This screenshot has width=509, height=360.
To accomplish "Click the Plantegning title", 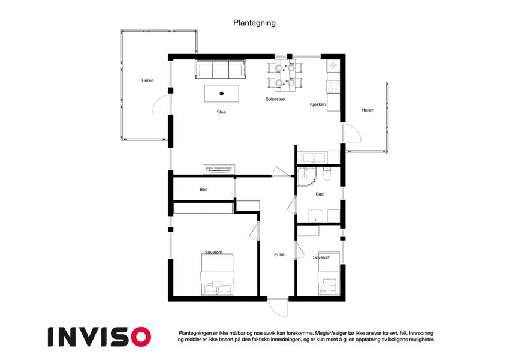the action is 254,23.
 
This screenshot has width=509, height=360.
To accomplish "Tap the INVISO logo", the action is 100,337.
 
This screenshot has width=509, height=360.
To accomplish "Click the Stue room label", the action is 221,112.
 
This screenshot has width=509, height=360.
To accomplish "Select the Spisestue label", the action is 275,99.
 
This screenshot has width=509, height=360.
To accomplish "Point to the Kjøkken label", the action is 318,104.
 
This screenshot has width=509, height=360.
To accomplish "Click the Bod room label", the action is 203,190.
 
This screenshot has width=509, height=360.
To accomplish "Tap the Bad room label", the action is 320,194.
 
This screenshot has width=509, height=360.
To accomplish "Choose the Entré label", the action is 279,255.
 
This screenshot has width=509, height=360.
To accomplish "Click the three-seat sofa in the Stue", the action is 221,69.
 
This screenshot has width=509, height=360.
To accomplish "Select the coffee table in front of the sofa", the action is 222,94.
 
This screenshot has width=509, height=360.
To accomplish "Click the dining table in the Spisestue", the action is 285,75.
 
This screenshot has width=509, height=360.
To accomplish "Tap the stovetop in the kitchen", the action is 333,87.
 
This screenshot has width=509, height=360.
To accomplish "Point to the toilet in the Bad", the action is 327,175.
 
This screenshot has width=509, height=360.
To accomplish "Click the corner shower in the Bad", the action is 306,177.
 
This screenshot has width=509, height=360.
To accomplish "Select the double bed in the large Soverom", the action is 217,275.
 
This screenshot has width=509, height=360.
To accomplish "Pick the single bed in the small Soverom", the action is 329,274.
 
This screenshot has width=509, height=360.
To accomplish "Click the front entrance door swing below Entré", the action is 278,307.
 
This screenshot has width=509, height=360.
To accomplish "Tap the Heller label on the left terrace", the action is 147,80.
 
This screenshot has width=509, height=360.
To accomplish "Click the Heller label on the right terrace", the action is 367,110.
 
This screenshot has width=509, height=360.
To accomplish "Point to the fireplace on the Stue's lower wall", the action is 219,169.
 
